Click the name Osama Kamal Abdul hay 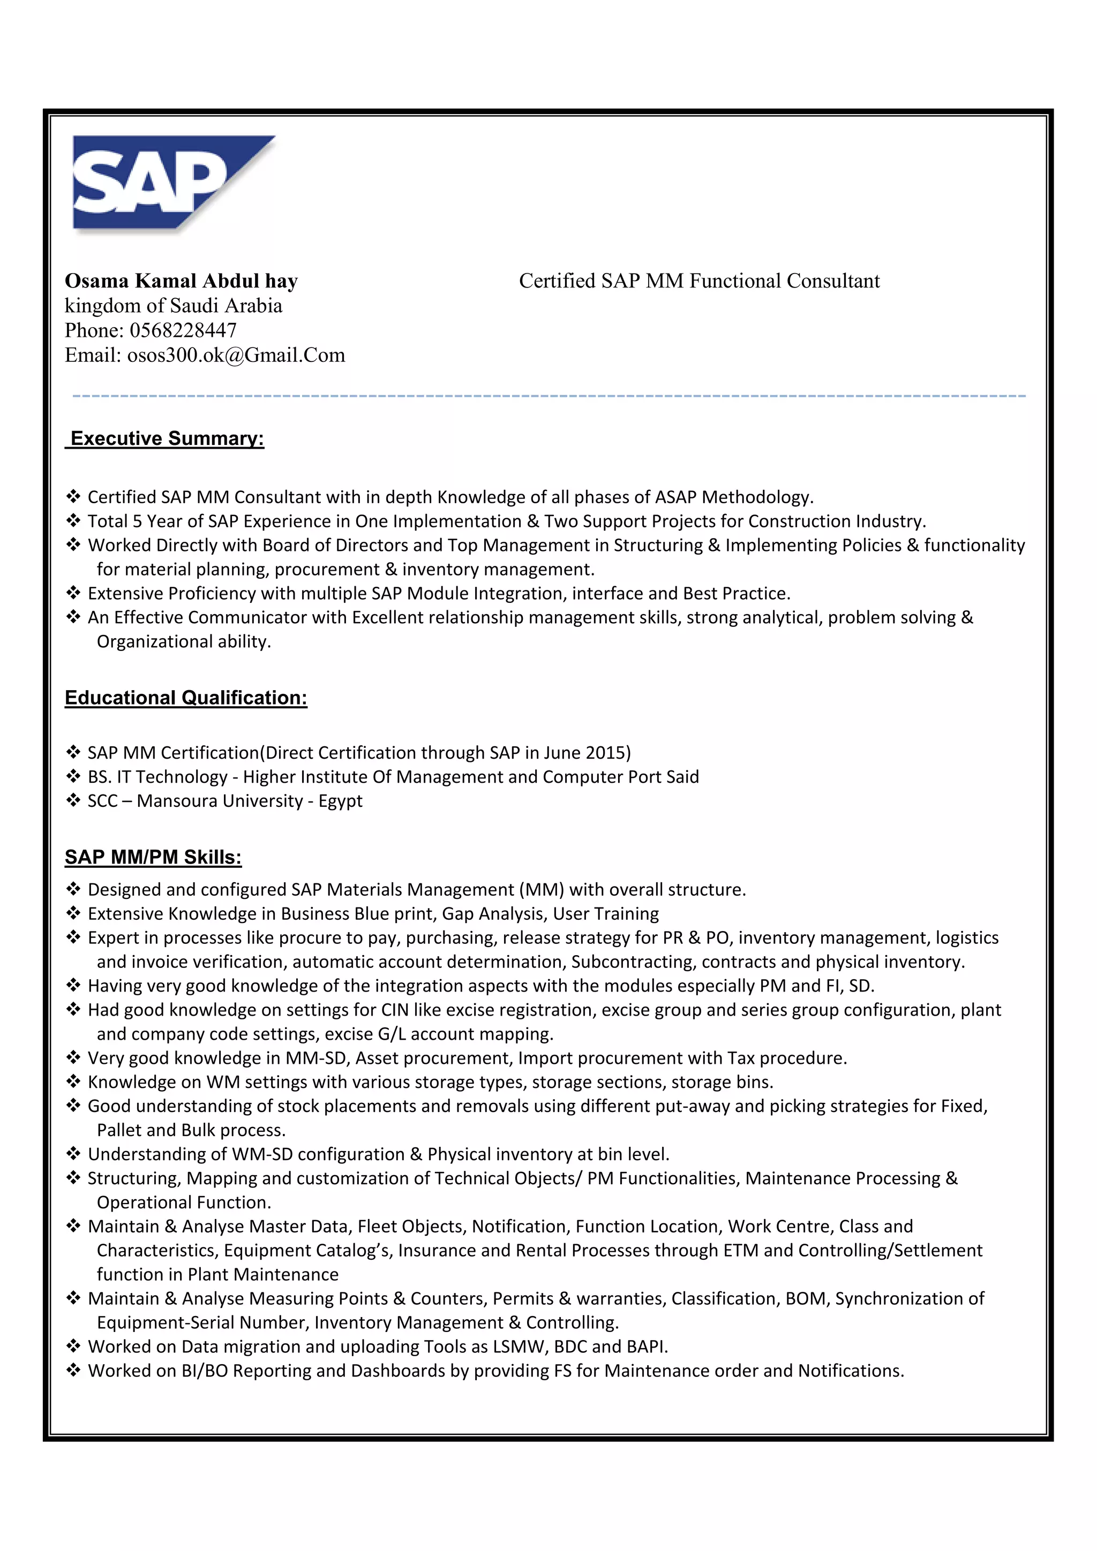tap(181, 281)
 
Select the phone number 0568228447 tap(183, 330)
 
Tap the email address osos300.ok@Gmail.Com tap(236, 355)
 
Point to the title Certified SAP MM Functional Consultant tap(699, 281)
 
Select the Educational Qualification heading tap(186, 698)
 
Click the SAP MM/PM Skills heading tap(153, 857)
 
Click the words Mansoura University tap(220, 801)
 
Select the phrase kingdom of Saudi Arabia tap(173, 306)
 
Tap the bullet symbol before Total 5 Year tap(73, 521)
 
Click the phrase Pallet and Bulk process tap(191, 1130)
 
